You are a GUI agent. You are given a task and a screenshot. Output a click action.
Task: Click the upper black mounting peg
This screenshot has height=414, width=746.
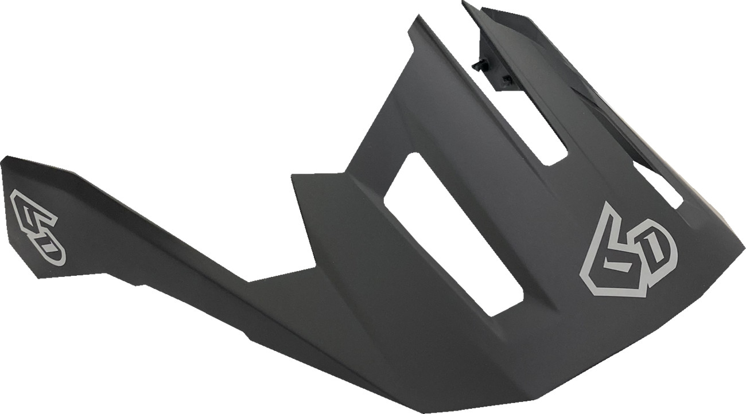point(478,65)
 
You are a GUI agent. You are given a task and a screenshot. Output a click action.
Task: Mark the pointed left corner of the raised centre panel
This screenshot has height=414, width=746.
point(293,175)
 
